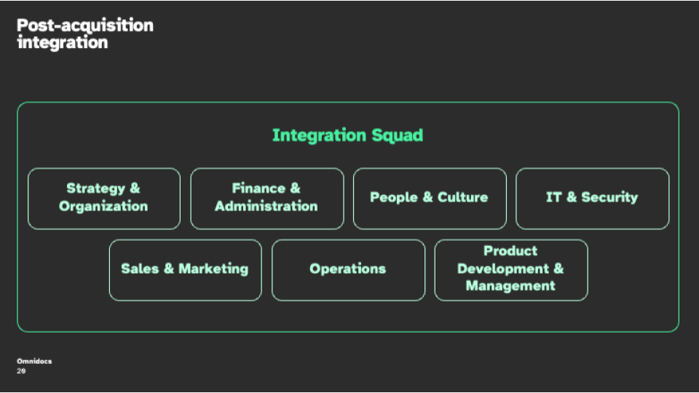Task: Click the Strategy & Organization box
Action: click(104, 199)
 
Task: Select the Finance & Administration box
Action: click(267, 199)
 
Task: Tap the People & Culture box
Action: click(430, 199)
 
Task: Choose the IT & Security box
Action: click(593, 199)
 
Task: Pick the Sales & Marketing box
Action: click(186, 270)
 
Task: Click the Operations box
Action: click(348, 270)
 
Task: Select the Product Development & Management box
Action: click(511, 270)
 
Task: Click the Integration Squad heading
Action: click(348, 135)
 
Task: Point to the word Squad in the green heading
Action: click(398, 135)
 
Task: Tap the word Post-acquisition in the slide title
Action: click(85, 25)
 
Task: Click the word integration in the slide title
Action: click(63, 43)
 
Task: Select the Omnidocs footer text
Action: click(34, 362)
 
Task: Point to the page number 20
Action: click(21, 370)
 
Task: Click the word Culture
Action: click(463, 197)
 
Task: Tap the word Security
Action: click(609, 197)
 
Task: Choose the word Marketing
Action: click(213, 269)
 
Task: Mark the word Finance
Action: click(258, 188)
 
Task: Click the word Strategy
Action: click(96, 188)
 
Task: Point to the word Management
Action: click(510, 285)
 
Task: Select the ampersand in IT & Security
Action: click(572, 197)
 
